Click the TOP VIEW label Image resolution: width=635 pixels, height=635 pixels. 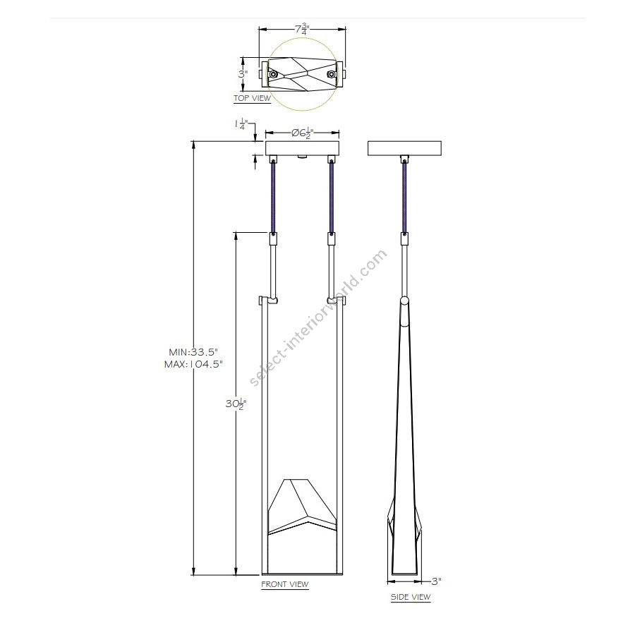coord(252,98)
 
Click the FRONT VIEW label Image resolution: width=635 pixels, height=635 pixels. coord(285,584)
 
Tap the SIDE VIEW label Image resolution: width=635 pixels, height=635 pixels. coord(410,597)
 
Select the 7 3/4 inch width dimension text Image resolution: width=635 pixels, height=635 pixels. coord(302,29)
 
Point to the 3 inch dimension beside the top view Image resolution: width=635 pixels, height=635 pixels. coord(243,75)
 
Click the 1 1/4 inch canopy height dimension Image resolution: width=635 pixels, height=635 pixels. coord(241,124)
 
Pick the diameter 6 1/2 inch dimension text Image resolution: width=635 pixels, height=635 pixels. coord(303,133)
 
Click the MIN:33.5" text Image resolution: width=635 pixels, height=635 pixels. coord(193,352)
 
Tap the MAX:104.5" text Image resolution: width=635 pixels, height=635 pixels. coord(193,364)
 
